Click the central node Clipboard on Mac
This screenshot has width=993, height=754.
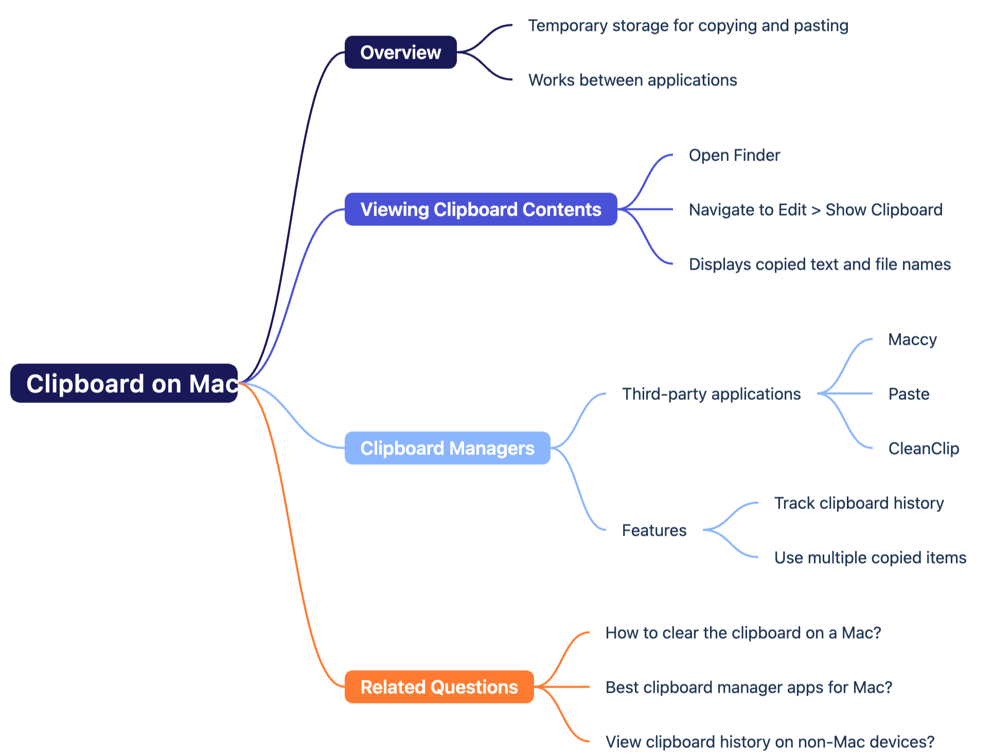pos(124,383)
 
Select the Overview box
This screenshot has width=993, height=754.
pos(400,52)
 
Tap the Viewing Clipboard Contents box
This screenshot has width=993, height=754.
pos(481,209)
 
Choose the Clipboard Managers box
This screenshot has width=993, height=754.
pos(447,448)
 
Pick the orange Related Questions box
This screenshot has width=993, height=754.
pos(439,687)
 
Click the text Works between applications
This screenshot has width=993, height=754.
pos(632,80)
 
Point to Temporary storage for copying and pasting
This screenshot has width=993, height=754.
pos(688,26)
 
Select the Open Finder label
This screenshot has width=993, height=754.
pos(734,155)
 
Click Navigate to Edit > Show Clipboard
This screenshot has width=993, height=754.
pos(815,210)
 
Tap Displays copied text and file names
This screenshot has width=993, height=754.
pos(820,265)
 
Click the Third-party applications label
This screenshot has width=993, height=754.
pos(711,394)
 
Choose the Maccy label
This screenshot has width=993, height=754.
pos(912,340)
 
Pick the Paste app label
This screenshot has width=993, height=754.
pos(909,394)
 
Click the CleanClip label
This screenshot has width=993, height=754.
pos(924,449)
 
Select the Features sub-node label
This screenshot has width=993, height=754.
pos(654,531)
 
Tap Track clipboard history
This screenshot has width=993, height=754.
pos(859,503)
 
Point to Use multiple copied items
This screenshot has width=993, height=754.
pos(870,558)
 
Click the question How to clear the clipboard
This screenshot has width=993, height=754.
pos(743,633)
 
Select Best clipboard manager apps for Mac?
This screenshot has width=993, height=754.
pos(749,688)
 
